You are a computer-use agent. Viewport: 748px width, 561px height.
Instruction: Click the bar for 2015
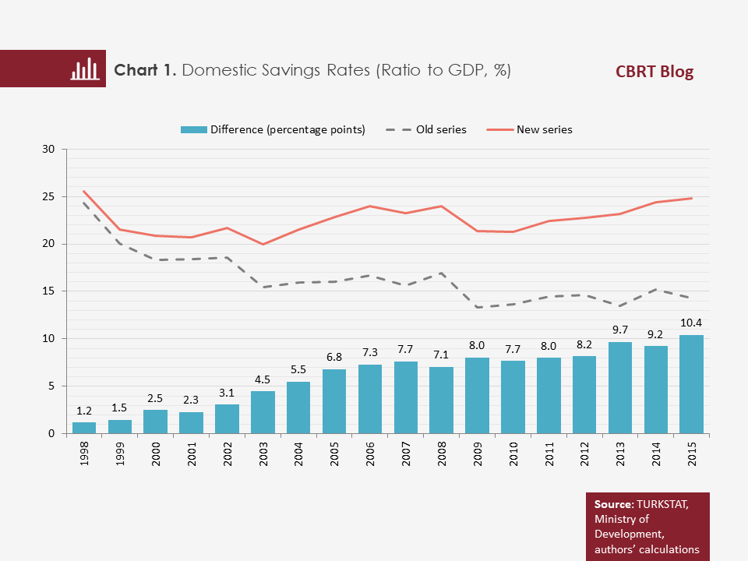(691, 384)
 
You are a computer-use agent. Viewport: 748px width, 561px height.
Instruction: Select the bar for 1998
(84, 428)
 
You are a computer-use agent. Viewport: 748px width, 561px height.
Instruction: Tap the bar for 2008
(441, 400)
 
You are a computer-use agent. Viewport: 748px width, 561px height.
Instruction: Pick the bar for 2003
(263, 412)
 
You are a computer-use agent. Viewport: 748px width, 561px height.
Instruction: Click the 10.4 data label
(692, 322)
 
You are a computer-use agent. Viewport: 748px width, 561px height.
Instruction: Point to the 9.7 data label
(620, 329)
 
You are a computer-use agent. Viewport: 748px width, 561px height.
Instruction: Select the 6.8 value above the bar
(334, 356)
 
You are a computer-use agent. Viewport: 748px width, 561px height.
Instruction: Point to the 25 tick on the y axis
(48, 196)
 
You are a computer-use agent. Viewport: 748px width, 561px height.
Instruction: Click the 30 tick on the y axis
(48, 149)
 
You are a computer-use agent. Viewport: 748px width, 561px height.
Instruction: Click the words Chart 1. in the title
(146, 70)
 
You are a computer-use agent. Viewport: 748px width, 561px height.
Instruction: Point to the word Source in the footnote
(613, 504)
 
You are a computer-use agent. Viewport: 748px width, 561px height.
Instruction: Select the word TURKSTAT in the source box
(665, 504)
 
